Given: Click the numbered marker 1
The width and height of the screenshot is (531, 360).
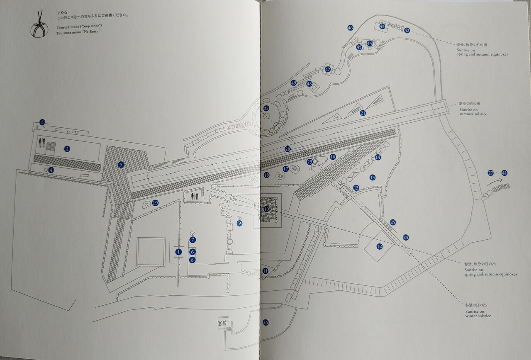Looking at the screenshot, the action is (x=179, y=251).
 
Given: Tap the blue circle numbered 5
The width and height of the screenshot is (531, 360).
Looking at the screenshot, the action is (x=121, y=164).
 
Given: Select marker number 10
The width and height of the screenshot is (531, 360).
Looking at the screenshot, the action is (x=266, y=209).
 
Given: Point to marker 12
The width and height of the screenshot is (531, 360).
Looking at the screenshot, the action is (x=379, y=246).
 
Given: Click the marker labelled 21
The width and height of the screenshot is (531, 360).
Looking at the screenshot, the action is (x=363, y=113).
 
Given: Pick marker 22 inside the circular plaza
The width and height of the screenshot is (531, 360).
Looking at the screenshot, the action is (x=266, y=108).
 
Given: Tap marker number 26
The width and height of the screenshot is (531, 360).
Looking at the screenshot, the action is (x=265, y=322).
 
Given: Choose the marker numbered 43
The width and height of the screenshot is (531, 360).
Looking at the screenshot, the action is (x=382, y=27).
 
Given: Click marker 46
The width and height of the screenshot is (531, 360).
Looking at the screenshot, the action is (x=350, y=28).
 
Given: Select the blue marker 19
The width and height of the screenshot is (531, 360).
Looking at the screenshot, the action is (x=155, y=203).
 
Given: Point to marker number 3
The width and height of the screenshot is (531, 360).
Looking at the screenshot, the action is (x=42, y=122).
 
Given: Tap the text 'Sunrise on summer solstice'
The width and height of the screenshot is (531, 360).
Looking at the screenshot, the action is (x=473, y=112).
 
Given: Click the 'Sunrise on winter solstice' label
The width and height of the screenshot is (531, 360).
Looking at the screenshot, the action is (x=478, y=314).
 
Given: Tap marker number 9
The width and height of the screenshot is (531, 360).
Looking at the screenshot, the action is (x=239, y=223).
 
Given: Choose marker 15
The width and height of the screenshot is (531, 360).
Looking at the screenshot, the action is (x=372, y=178).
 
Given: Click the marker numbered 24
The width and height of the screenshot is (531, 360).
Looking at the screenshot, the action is (x=406, y=237).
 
